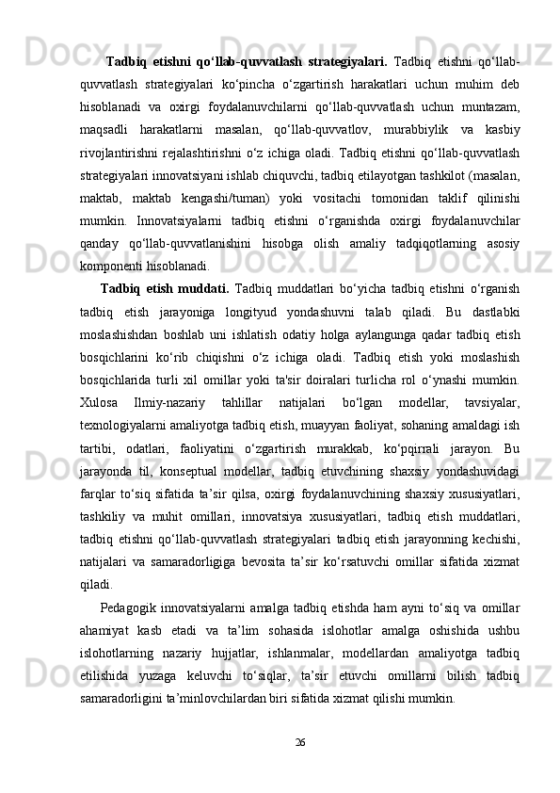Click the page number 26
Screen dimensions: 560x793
tap(300, 743)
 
